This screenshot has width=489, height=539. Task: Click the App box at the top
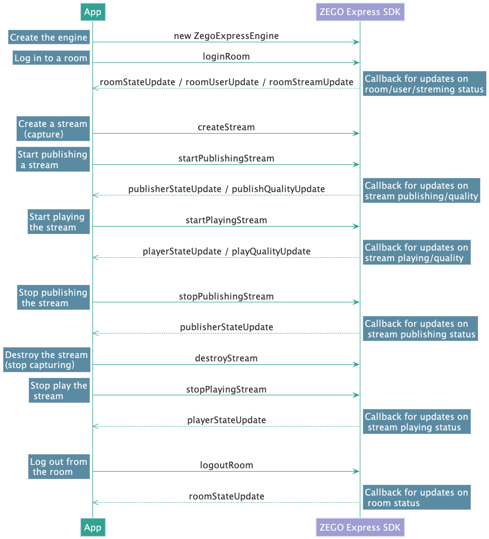point(92,12)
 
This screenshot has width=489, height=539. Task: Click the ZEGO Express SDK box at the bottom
point(360,527)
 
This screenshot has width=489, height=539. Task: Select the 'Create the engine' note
point(49,37)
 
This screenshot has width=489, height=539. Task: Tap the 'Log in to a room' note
point(51,58)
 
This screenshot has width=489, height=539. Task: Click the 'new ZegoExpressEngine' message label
point(226,36)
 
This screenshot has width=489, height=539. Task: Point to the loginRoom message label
point(226,56)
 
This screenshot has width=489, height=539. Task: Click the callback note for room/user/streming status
point(424,84)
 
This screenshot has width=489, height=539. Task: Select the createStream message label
point(226,127)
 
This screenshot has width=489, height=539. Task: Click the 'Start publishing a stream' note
point(52,160)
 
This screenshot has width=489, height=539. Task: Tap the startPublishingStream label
point(226,158)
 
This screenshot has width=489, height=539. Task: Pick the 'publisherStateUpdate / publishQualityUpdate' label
point(226,189)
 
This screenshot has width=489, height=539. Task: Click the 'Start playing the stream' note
point(58,222)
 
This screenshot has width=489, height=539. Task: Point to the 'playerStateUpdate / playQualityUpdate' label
point(226,251)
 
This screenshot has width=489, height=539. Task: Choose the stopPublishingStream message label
point(226,296)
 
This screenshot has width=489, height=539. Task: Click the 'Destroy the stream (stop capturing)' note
point(46,360)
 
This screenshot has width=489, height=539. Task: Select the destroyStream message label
point(226,358)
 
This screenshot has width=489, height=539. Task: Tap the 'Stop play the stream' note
point(58,391)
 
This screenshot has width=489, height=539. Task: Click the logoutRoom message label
point(226,465)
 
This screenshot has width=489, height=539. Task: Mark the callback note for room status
point(416,498)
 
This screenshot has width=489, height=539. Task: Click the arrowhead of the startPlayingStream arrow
point(356,227)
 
